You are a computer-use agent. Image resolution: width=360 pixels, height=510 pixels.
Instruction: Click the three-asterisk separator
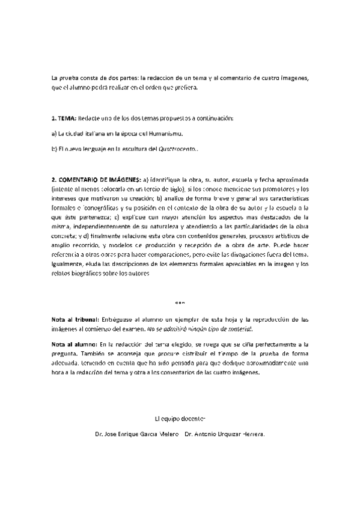click(180, 302)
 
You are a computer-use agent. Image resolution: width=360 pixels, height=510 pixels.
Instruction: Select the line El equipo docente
click(180, 417)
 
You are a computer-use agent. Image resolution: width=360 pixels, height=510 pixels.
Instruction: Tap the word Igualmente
click(67, 263)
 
